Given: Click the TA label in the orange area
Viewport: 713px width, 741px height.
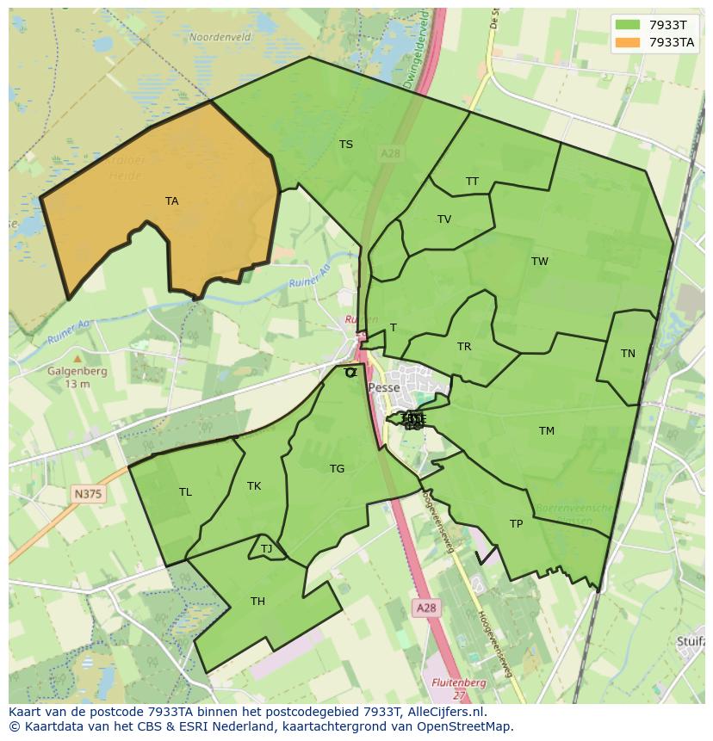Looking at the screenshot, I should coord(172,201).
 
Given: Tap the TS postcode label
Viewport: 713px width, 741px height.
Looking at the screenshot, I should coord(346,145).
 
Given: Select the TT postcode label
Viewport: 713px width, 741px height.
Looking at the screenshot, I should coord(472,182).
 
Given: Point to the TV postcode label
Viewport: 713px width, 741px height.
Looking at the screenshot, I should coord(444,219).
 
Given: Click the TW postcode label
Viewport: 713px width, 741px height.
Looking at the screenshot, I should coord(540,262).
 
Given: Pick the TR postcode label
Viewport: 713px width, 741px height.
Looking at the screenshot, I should coord(464,347).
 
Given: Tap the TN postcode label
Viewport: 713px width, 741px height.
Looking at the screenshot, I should coord(628,354).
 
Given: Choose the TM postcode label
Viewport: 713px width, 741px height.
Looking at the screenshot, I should coord(547,431).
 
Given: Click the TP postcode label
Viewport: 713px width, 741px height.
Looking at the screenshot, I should coord(516,524).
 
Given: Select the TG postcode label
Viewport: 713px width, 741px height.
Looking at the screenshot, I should coord(337,469).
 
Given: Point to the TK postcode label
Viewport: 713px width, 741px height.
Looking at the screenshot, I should coord(254,486).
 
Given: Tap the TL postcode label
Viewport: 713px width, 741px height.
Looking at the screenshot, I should coord(185,492).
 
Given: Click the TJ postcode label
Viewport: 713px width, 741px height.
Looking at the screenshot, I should coord(266,549).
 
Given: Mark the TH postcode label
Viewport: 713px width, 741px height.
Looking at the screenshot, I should coord(257,602).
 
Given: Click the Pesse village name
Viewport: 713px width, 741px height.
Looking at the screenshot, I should coord(384,388).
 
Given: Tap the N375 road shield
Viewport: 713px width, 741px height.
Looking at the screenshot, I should coord(87,493).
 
